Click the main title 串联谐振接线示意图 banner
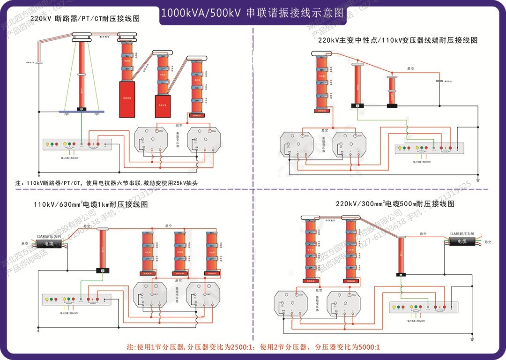(253, 13)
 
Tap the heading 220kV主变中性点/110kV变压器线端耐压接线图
(397, 40)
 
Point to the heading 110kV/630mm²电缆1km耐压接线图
(90, 205)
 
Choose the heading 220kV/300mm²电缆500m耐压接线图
(395, 204)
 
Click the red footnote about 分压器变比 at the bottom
(253, 347)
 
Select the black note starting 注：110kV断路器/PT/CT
(112, 183)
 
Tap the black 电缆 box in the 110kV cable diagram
(49, 244)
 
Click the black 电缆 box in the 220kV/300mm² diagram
(461, 241)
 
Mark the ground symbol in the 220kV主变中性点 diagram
(477, 180)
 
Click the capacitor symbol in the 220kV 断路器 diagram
(40, 62)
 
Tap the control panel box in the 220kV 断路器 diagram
(77, 144)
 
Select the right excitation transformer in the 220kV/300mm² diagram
(345, 303)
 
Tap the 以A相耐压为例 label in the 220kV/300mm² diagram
(461, 233)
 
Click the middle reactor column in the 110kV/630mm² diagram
(183, 254)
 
